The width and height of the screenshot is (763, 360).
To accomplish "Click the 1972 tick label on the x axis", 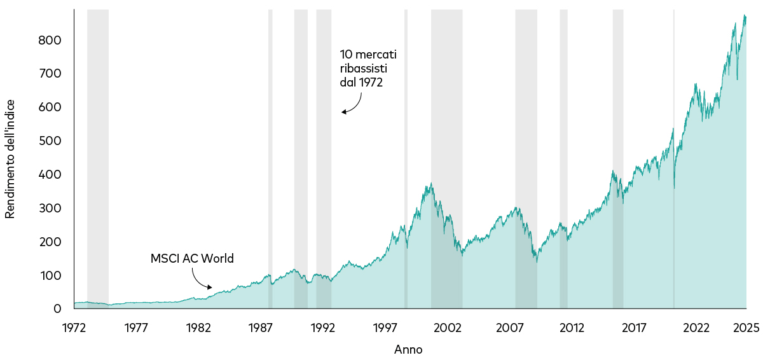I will tap(74, 328).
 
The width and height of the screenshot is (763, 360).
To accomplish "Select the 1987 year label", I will tap(261, 328).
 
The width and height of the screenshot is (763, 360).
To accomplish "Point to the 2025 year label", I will tap(746, 328).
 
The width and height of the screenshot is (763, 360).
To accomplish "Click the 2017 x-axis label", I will tap(634, 328).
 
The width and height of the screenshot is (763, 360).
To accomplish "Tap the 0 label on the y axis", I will tap(57, 308).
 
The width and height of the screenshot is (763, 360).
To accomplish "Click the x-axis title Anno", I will tap(408, 349).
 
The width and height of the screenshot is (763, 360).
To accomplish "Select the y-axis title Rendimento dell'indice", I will tap(10, 159).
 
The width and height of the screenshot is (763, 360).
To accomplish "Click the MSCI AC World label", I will tap(192, 259).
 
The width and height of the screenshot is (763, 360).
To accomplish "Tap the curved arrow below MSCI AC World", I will tap(200, 279).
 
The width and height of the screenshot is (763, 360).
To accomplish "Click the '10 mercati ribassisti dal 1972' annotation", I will tap(368, 68).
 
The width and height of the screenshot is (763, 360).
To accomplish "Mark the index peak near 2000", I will tap(432, 183).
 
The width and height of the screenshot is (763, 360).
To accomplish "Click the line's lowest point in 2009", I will tap(537, 262).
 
